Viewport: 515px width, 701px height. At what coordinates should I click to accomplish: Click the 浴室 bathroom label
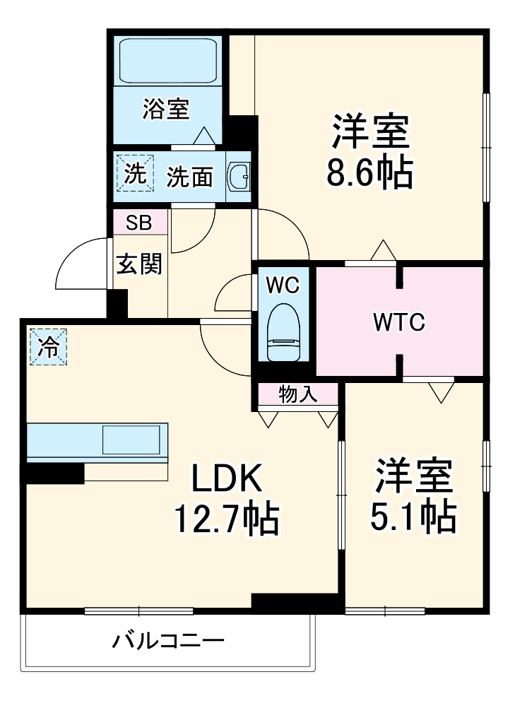point(166,109)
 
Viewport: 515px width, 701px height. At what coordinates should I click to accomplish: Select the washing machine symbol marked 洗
point(135,172)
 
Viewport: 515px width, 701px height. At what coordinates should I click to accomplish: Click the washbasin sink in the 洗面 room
point(239,176)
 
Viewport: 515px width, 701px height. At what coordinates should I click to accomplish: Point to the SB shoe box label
point(138,222)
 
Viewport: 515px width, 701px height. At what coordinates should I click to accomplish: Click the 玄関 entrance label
point(138,264)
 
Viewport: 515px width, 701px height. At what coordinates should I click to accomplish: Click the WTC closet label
point(399,322)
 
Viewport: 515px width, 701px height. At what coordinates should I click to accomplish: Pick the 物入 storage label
point(298,394)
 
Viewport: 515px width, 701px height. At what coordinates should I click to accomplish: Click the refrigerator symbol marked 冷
point(49,347)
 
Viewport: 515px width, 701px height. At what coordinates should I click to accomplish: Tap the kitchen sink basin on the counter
point(131,440)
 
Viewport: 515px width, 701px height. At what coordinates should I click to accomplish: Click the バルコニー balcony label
point(167,641)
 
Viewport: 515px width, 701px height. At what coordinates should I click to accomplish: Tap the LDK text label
point(227,478)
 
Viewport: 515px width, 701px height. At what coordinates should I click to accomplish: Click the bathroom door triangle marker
point(204,136)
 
